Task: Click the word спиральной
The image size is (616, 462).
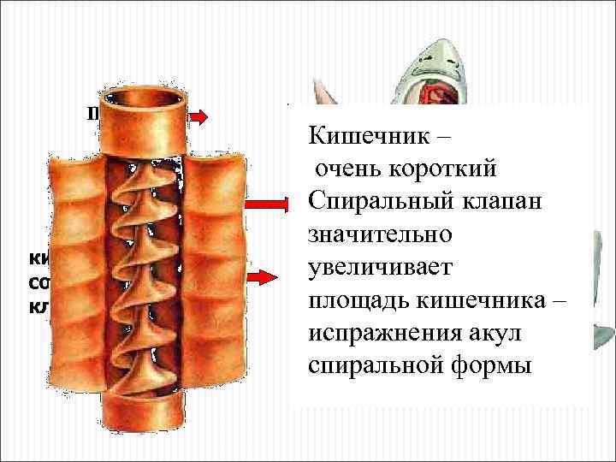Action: [366, 365]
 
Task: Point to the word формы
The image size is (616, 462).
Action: [479, 365]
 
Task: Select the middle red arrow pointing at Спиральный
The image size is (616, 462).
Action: [269, 204]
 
